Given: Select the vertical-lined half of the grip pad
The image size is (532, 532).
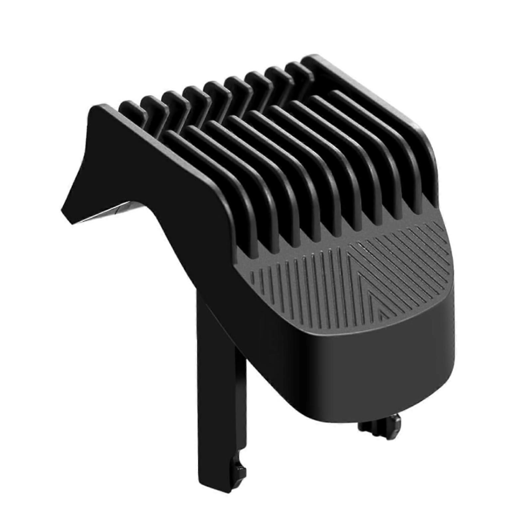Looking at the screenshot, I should pos(299,283).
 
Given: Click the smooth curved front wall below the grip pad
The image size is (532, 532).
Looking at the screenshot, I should pos(366,359).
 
